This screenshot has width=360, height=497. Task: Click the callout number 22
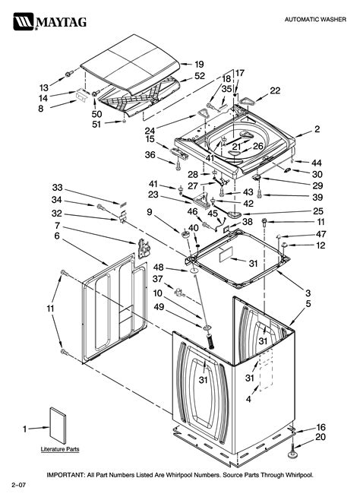(x=275, y=90)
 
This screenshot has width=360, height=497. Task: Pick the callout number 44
(x=316, y=163)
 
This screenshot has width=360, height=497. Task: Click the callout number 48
(x=158, y=267)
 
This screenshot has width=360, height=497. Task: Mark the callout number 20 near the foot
(x=321, y=438)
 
